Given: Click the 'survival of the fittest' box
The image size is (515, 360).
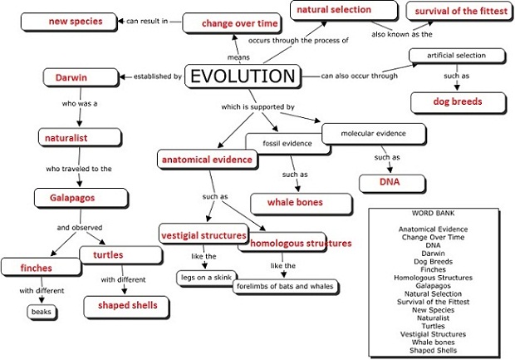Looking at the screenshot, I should pyautogui.click(x=454, y=11).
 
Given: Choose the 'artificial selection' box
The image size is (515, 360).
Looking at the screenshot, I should pyautogui.click(x=457, y=57).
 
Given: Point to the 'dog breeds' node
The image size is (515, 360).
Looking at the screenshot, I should pyautogui.click(x=457, y=101).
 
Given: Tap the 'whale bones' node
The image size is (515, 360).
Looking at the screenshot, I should pyautogui.click(x=294, y=202).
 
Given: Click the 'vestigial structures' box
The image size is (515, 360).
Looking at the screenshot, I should pyautogui.click(x=204, y=234).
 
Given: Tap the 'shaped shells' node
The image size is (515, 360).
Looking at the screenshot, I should pyautogui.click(x=127, y=306).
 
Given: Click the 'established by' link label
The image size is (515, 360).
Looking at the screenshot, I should pyautogui.click(x=157, y=76).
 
